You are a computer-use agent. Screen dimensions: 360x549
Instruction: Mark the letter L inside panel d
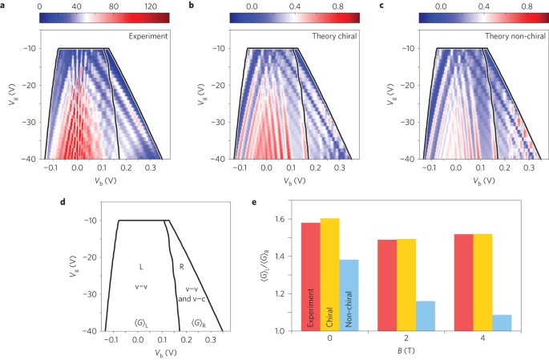pyautogui.click(x=140, y=265)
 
